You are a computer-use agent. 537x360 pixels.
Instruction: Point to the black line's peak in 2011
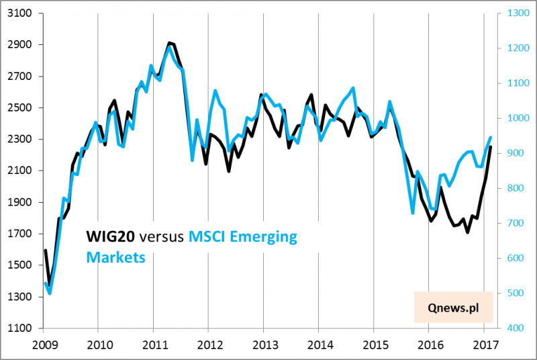[x=169, y=43]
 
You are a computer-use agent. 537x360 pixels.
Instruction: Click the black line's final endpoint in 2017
[x=491, y=146]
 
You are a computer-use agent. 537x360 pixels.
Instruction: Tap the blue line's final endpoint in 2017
[x=491, y=138]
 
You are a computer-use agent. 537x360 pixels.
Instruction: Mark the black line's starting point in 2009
[x=45, y=251]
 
